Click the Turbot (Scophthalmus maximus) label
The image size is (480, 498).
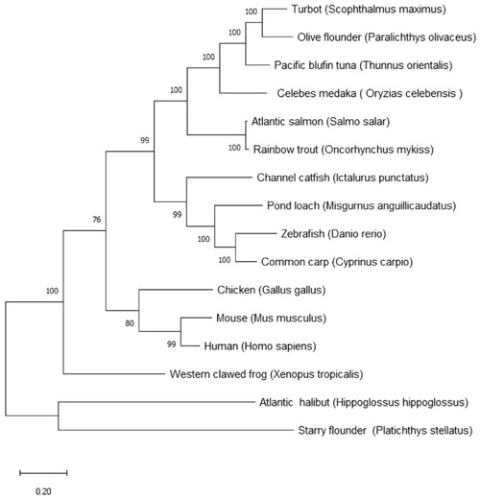pos(369,10)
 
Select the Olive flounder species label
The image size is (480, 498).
pos(387,37)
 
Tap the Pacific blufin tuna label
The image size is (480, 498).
pos(363,65)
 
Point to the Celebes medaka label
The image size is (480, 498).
pos(370,94)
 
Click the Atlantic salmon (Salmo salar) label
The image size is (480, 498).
pos(321,122)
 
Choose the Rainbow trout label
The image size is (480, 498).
pos(344,150)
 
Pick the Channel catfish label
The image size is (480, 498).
pos(343,178)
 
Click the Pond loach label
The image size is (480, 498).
pos(361,206)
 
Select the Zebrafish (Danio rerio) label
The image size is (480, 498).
pos(333,234)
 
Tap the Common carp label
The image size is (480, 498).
pos(337,262)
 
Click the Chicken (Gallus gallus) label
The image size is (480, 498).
pos(272,290)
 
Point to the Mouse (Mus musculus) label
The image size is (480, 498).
pos(271,319)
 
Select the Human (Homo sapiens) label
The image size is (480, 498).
pos(260,346)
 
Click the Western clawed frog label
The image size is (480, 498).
pos(266,374)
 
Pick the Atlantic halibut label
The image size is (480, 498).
pos(364,402)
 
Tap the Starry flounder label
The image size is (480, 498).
pos(385,431)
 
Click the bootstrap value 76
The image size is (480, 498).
pos(97,220)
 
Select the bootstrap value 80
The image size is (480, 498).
pos(130,323)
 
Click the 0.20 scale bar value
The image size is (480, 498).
pos(43,491)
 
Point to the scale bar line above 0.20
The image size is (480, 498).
pos(43,473)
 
